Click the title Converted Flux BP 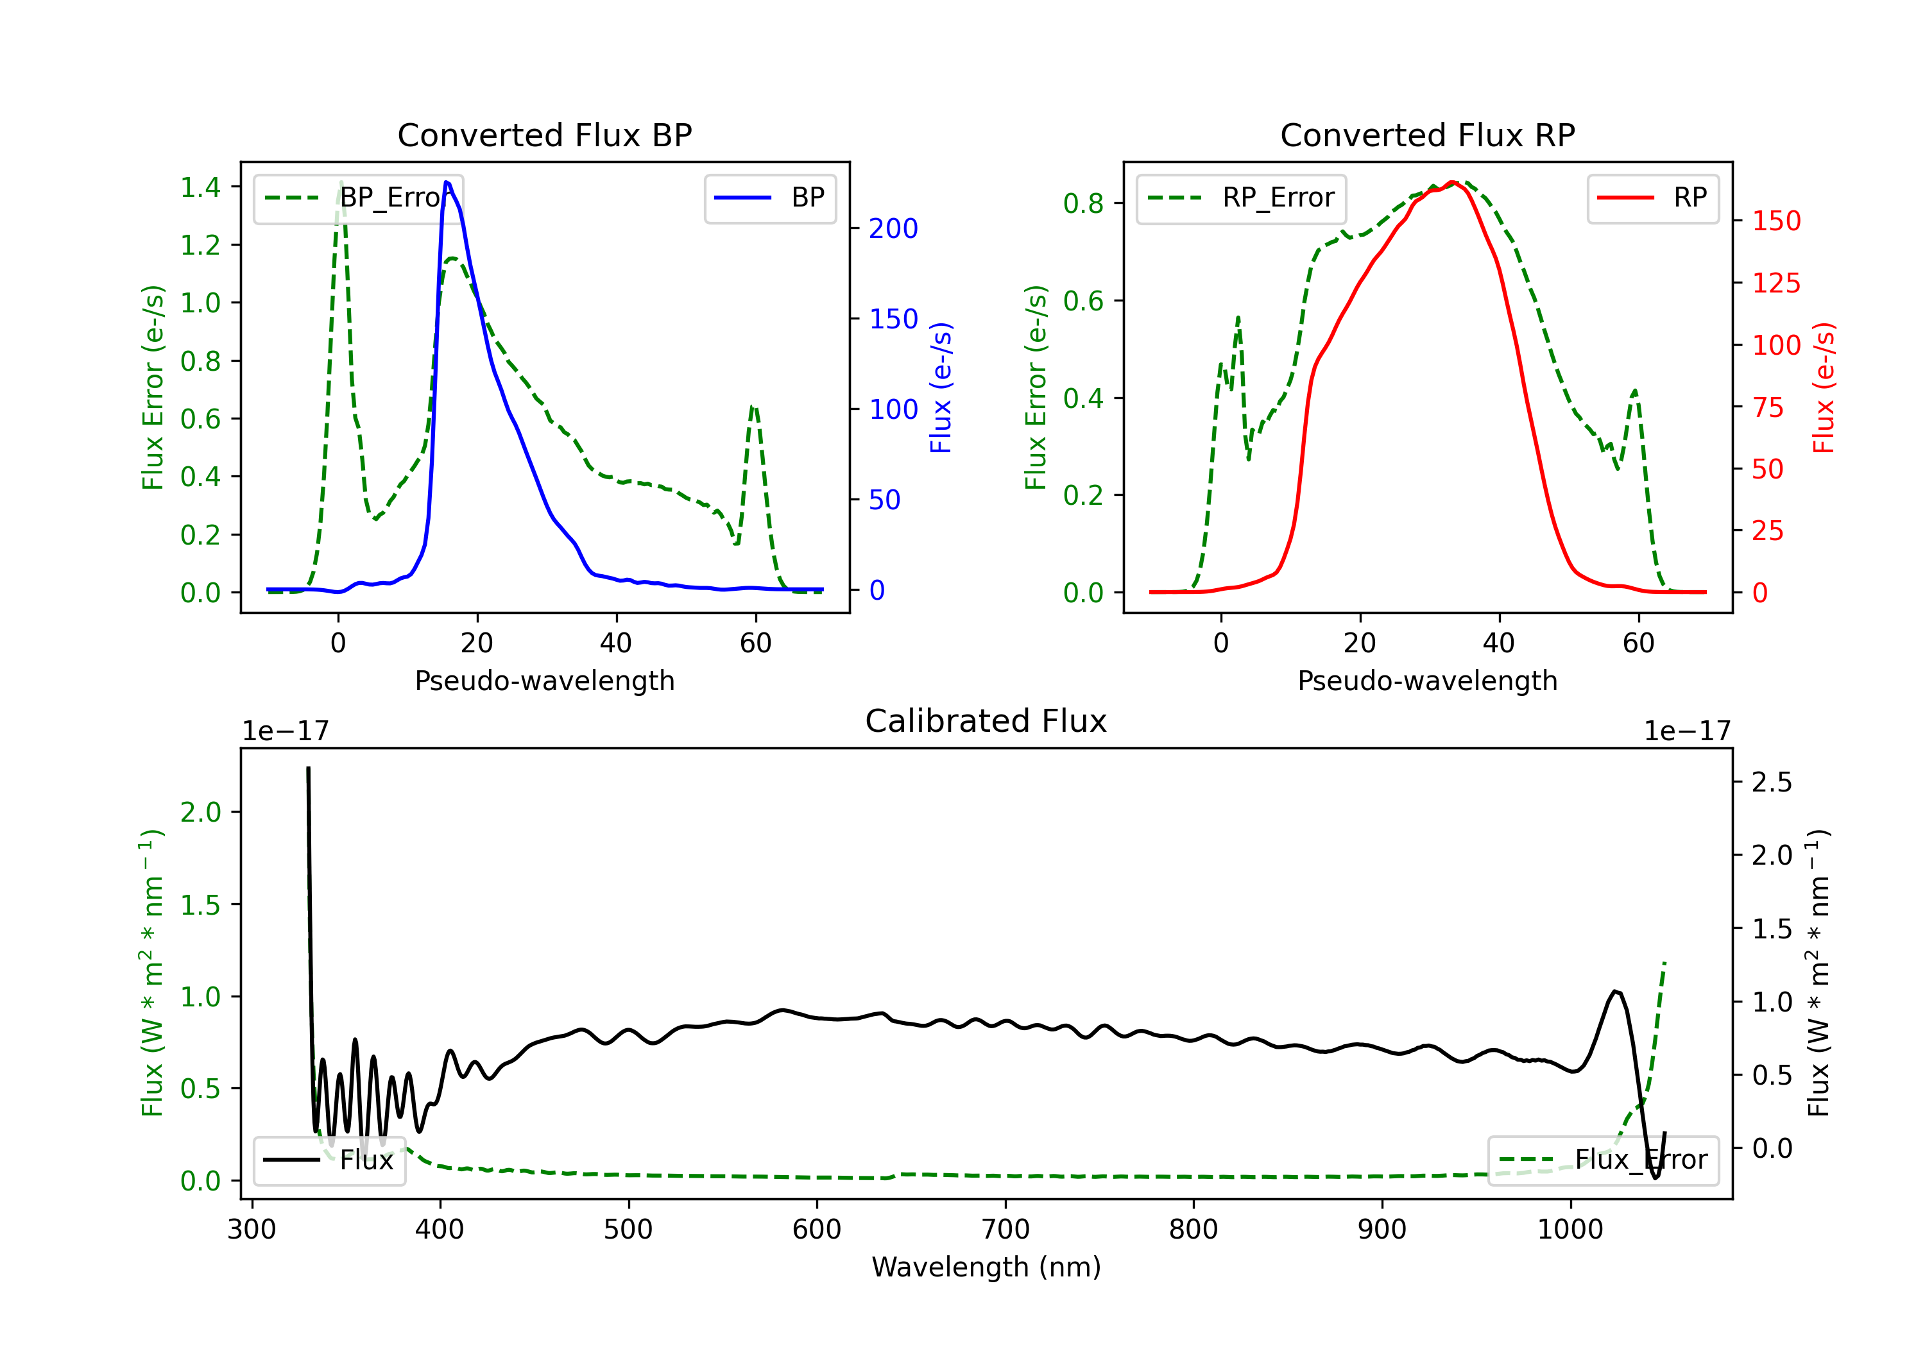[x=544, y=135]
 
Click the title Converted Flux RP [x=1427, y=135]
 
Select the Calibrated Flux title [x=986, y=721]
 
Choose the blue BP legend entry [x=769, y=198]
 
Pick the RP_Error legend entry [x=1241, y=198]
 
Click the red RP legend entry [x=1652, y=198]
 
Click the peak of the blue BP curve [x=446, y=182]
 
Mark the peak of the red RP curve [x=1452, y=182]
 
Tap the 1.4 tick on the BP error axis [x=200, y=187]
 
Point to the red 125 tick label [x=1775, y=284]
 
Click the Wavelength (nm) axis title [x=986, y=1267]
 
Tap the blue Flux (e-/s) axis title [x=941, y=387]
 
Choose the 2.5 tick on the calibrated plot [x=1772, y=782]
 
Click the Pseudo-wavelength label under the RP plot [x=1427, y=681]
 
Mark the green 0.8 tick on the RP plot [x=1083, y=204]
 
